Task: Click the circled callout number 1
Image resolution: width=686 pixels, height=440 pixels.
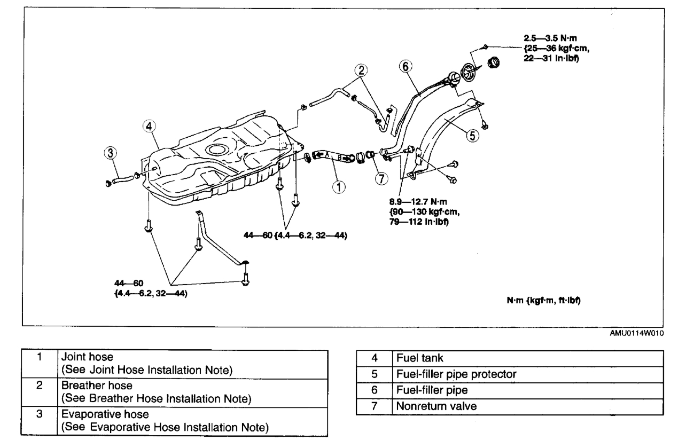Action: (338, 186)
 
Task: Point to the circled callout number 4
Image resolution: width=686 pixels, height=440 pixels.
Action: (149, 127)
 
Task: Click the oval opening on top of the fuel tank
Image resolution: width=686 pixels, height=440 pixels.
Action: (220, 150)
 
